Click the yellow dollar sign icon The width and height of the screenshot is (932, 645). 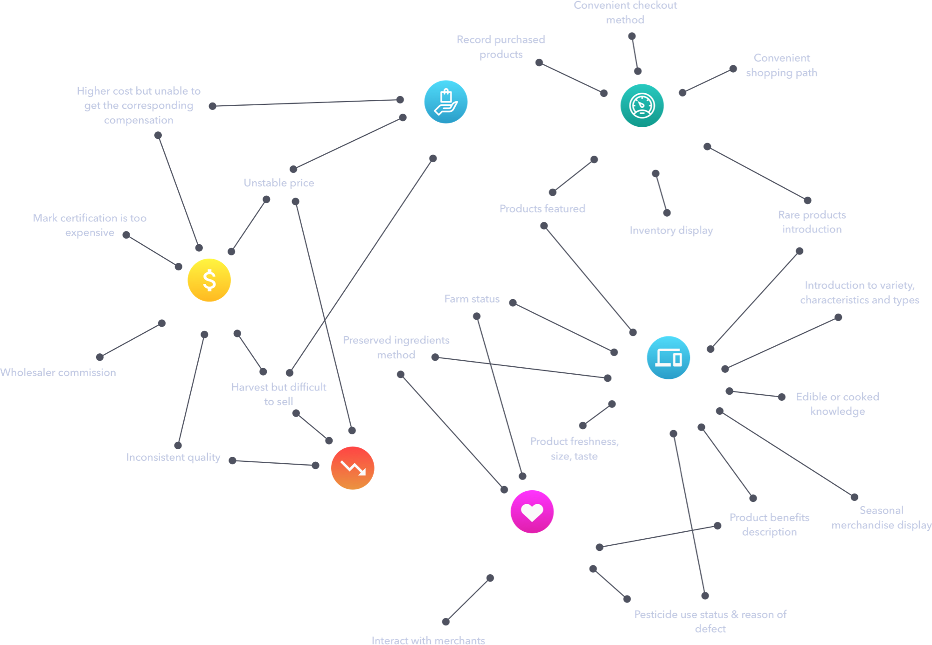tap(209, 280)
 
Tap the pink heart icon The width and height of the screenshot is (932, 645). tap(532, 512)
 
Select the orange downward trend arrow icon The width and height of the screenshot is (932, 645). tap(353, 468)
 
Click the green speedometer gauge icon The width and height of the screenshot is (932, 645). tap(642, 105)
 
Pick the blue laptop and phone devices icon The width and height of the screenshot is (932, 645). tap(668, 357)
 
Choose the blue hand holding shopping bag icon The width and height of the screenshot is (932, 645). tap(446, 102)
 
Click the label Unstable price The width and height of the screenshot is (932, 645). tap(279, 183)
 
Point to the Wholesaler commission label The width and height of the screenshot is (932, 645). tap(58, 372)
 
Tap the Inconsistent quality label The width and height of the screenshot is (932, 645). tap(173, 457)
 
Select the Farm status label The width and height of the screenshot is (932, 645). tap(472, 299)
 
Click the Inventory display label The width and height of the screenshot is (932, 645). tap(671, 230)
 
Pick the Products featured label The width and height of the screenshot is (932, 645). tap(543, 208)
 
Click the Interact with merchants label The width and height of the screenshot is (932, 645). tap(428, 640)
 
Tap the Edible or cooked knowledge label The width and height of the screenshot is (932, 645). tap(838, 404)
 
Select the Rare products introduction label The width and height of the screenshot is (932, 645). tap(812, 222)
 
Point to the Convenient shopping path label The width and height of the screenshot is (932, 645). tap(782, 65)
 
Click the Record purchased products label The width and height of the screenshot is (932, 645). tap(501, 47)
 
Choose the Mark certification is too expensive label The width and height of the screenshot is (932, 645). tap(90, 225)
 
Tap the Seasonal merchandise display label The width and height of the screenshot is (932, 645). tap(882, 518)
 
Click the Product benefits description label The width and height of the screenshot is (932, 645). tap(770, 525)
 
